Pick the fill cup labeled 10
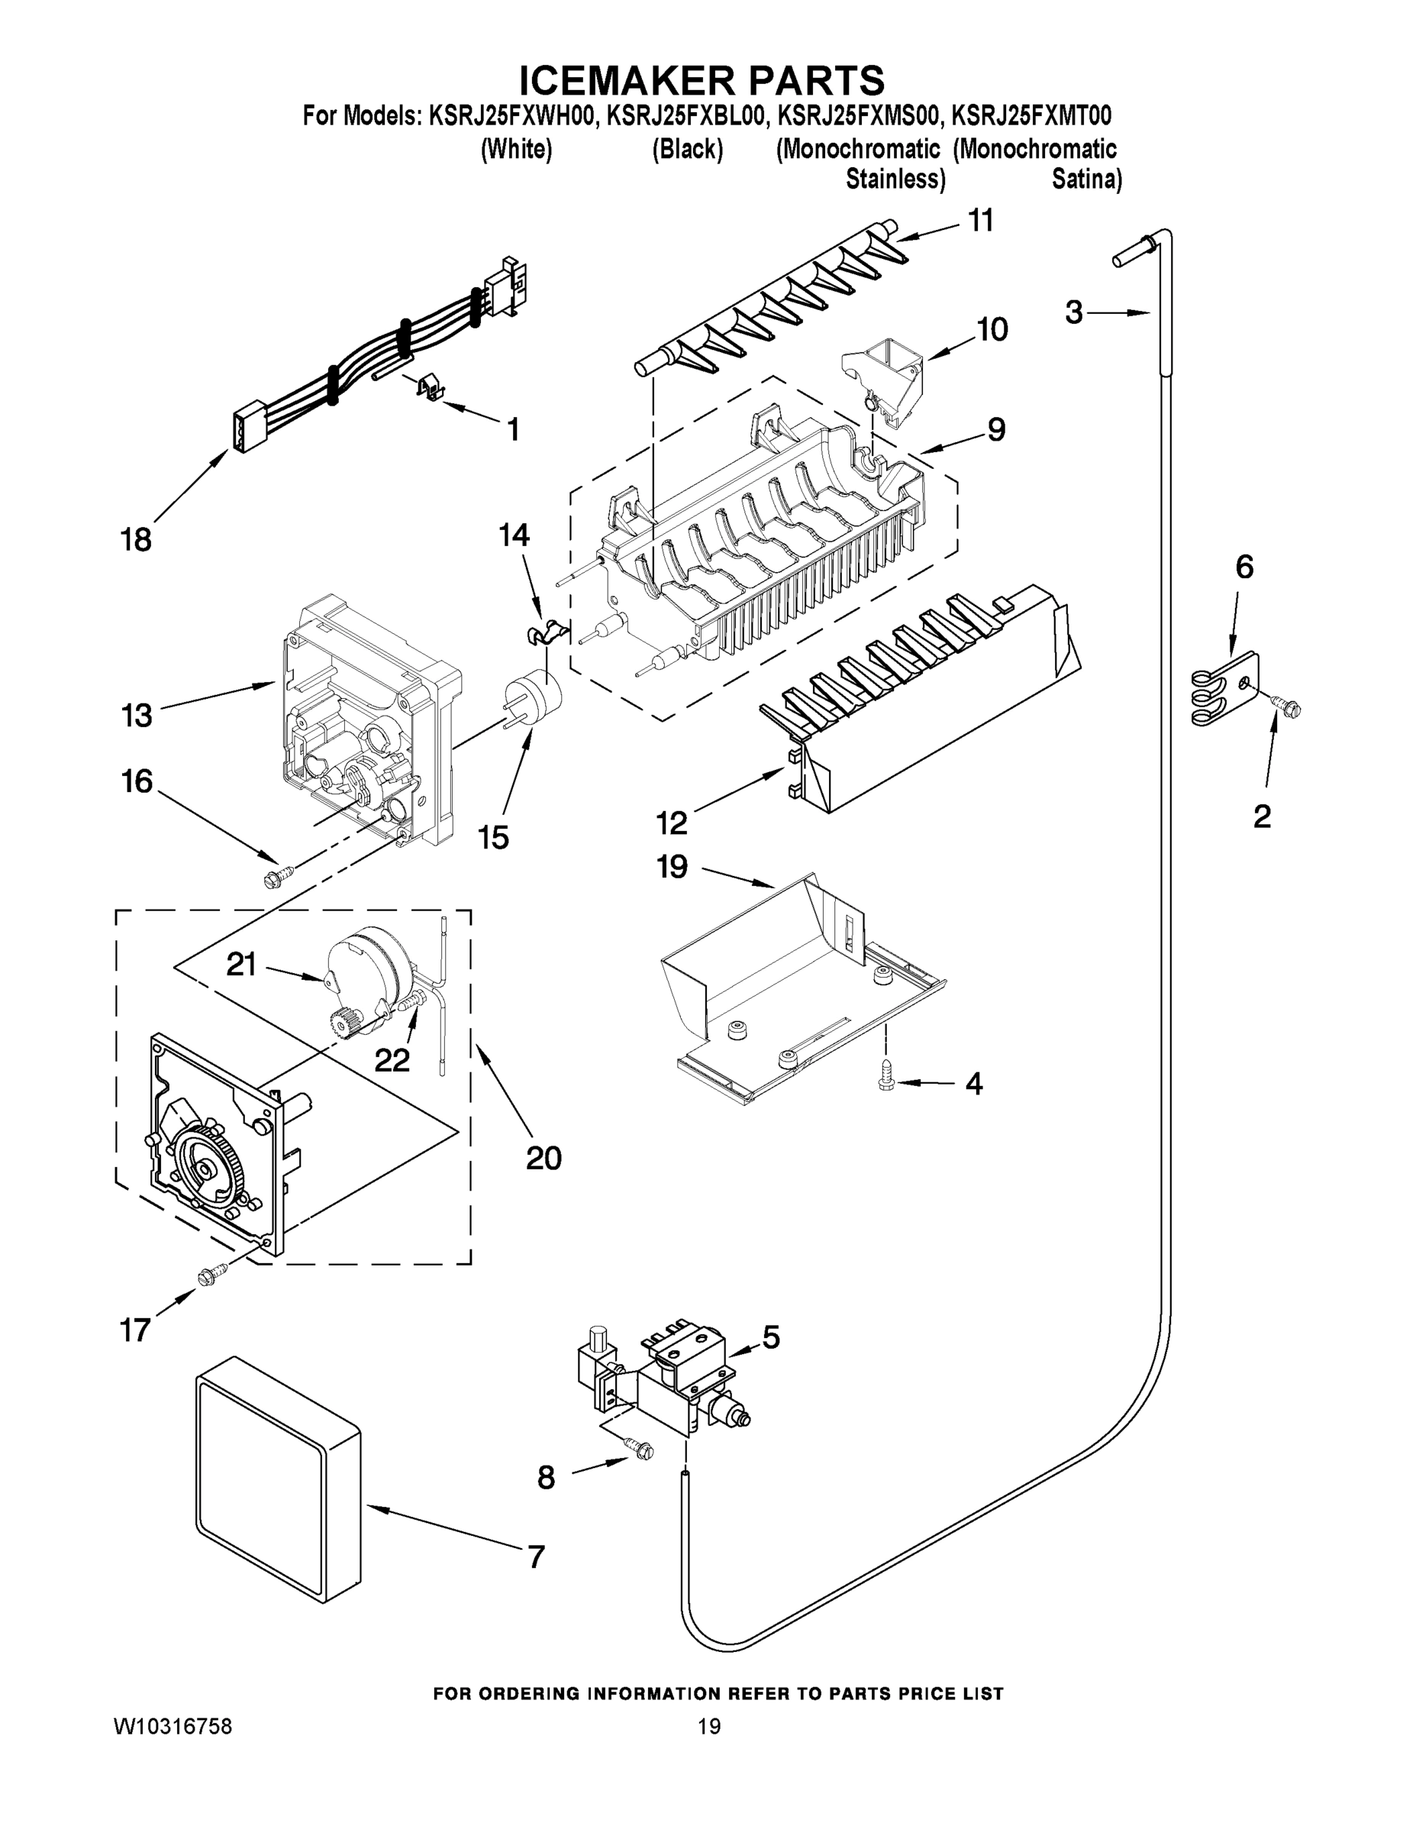[884, 374]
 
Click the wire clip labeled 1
[431, 387]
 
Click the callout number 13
[136, 715]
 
